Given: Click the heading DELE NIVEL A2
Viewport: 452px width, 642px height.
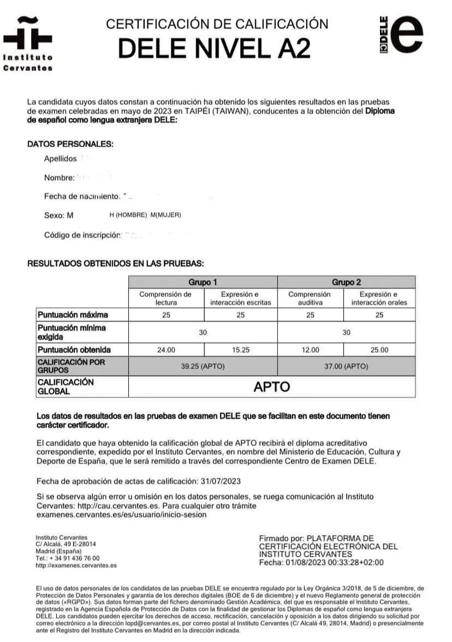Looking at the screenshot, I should coord(214,48).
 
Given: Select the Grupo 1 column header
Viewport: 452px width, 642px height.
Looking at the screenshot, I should coord(203,282).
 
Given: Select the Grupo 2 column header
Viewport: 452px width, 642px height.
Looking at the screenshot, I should coord(346,282).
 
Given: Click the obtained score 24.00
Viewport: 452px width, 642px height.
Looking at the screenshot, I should coord(166,350).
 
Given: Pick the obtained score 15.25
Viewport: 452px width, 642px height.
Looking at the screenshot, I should coord(240,350).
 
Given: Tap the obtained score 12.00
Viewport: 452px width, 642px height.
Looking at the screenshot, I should coord(310,350).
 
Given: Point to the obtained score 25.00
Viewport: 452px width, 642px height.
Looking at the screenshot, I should coord(379,350).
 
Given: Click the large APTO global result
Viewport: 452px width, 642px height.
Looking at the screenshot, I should coord(272,387).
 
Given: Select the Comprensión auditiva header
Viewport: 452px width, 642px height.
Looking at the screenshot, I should coord(310,298).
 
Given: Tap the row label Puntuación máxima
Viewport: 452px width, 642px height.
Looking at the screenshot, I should coord(73,315).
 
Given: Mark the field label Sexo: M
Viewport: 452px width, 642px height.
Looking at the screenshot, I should coord(59,215).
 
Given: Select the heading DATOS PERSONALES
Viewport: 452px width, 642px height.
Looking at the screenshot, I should coord(71,144).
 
